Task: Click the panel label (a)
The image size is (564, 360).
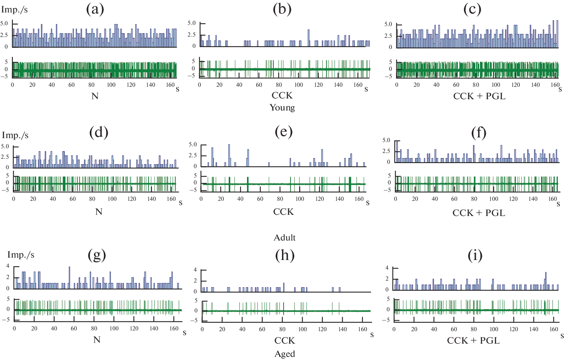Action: pyautogui.click(x=95, y=9)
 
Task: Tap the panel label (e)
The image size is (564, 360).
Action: pyautogui.click(x=284, y=132)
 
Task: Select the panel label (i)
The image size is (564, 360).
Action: pyautogui.click(x=475, y=255)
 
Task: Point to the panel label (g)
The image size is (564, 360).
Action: pyautogui.click(x=97, y=255)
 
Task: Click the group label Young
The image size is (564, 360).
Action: pyautogui.click(x=282, y=107)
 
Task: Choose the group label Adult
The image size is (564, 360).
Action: pyautogui.click(x=285, y=237)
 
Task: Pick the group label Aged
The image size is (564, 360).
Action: pyautogui.click(x=285, y=354)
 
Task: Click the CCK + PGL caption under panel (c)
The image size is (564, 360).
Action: pyautogui.click(x=479, y=96)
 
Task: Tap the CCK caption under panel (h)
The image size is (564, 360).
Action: pyautogui.click(x=285, y=341)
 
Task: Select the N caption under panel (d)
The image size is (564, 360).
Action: pyautogui.click(x=99, y=212)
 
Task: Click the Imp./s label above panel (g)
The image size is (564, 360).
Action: pyautogui.click(x=21, y=255)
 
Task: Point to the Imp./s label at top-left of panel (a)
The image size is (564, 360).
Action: pyautogui.click(x=14, y=10)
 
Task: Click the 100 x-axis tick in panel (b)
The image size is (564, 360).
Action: pyautogui.click(x=298, y=85)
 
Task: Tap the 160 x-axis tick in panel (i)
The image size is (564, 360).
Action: pyautogui.click(x=553, y=329)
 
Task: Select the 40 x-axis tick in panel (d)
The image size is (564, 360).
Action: pyautogui.click(x=53, y=199)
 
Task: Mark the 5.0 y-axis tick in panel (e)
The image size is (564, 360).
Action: pyautogui.click(x=193, y=144)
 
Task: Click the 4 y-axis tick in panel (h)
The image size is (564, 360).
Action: pyautogui.click(x=195, y=270)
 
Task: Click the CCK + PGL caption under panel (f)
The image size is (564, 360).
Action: pyautogui.click(x=479, y=213)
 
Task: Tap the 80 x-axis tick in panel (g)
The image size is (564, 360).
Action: pyautogui.click(x=94, y=328)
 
